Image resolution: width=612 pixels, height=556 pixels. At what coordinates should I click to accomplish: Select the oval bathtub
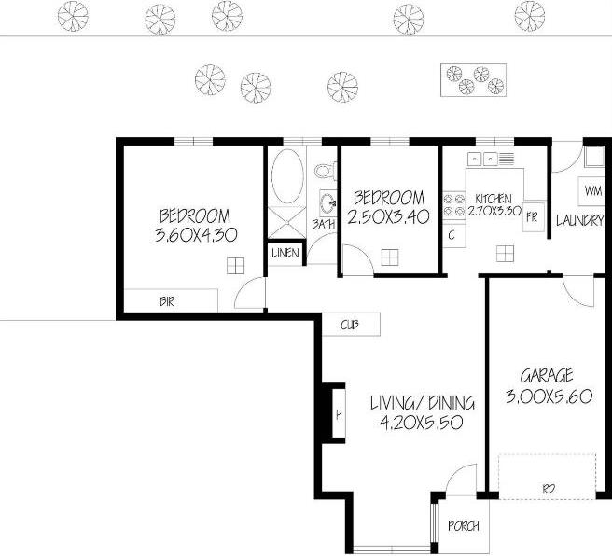287,176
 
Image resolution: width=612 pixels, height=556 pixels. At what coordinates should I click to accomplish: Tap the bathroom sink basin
327,202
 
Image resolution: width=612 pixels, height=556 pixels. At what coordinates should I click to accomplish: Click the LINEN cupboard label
285,253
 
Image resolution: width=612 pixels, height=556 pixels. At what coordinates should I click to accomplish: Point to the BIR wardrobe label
167,301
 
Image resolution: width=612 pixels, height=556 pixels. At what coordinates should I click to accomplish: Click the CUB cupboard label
350,325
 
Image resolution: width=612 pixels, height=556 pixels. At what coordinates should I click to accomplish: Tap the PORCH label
464,526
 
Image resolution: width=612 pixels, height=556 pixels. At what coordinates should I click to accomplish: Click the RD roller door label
549,489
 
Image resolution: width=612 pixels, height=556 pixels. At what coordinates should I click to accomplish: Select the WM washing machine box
591,191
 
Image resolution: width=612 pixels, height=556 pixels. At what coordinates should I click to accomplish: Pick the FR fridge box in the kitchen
533,217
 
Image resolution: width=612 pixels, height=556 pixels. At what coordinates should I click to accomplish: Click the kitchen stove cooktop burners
454,205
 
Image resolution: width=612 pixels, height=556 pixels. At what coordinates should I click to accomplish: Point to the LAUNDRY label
580,221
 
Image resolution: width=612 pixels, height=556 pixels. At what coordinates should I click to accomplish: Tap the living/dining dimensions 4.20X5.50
422,423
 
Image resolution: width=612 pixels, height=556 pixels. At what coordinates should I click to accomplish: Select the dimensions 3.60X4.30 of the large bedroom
196,235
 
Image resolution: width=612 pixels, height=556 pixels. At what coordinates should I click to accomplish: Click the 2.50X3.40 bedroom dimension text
388,217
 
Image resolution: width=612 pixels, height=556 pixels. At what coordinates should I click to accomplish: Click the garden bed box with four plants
473,80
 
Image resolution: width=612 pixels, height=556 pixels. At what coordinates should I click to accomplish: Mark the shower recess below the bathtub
287,222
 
